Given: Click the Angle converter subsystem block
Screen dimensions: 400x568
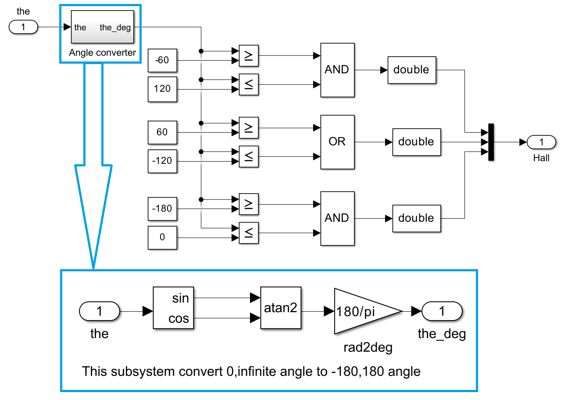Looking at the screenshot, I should [x=103, y=27].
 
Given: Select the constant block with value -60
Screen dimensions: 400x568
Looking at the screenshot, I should [x=163, y=60].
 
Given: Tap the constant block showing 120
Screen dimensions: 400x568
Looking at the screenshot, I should [x=163, y=89].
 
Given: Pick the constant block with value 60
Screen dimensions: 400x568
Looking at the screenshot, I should [x=163, y=132].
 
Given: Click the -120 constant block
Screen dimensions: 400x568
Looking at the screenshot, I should [x=163, y=161].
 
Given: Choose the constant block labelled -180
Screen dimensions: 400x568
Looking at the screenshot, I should [x=163, y=209].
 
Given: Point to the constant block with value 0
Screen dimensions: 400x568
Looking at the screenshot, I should [x=163, y=238].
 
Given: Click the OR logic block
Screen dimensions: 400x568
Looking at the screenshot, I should [x=337, y=142].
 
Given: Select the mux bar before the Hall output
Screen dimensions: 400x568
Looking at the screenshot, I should [x=491, y=142].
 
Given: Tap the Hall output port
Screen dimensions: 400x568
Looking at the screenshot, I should [x=541, y=142].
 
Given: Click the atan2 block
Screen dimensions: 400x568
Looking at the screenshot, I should [x=281, y=308].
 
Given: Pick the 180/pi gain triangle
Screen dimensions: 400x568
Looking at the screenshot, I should [x=362, y=311].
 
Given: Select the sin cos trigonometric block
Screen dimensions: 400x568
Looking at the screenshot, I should [x=174, y=308].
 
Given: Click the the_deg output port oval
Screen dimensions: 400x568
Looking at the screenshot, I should [x=442, y=311].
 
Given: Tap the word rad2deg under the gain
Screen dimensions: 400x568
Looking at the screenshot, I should [x=368, y=347].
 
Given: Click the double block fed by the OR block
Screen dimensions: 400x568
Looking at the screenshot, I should [x=416, y=142].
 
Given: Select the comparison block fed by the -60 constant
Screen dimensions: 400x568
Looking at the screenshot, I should [x=249, y=56].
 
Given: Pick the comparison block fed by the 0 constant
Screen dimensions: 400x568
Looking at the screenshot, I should [x=249, y=233].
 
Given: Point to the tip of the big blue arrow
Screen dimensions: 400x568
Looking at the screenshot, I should [x=93, y=267].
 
